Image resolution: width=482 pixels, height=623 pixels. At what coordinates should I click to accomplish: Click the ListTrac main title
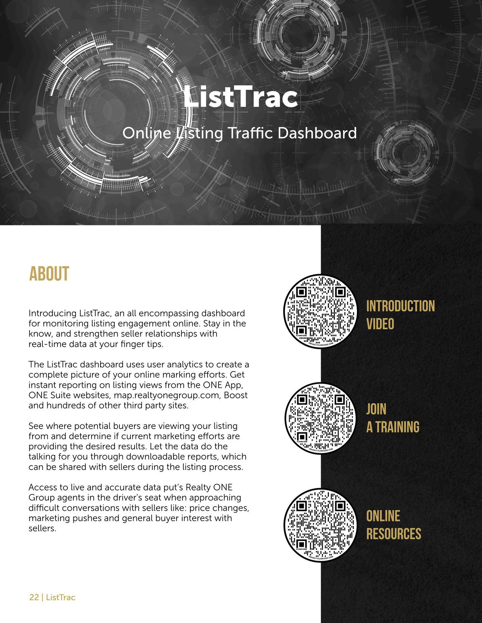[241, 97]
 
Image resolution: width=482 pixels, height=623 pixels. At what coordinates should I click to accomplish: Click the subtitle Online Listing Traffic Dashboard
[240, 133]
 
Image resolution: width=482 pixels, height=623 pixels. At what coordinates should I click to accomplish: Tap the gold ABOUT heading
[49, 274]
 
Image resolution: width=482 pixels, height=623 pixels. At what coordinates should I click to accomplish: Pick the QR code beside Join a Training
[321, 418]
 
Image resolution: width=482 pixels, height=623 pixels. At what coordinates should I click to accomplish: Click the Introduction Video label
[400, 315]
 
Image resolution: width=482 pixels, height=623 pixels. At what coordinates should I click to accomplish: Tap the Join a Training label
[392, 418]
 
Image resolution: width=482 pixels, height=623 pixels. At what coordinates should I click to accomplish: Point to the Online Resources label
[393, 525]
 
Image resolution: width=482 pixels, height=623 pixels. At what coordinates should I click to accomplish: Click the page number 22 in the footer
[34, 597]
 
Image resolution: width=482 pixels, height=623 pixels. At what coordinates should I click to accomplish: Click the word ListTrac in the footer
[60, 597]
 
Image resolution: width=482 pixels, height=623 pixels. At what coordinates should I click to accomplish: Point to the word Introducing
[53, 313]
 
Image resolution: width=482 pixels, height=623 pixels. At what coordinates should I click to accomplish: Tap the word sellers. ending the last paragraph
[42, 528]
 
